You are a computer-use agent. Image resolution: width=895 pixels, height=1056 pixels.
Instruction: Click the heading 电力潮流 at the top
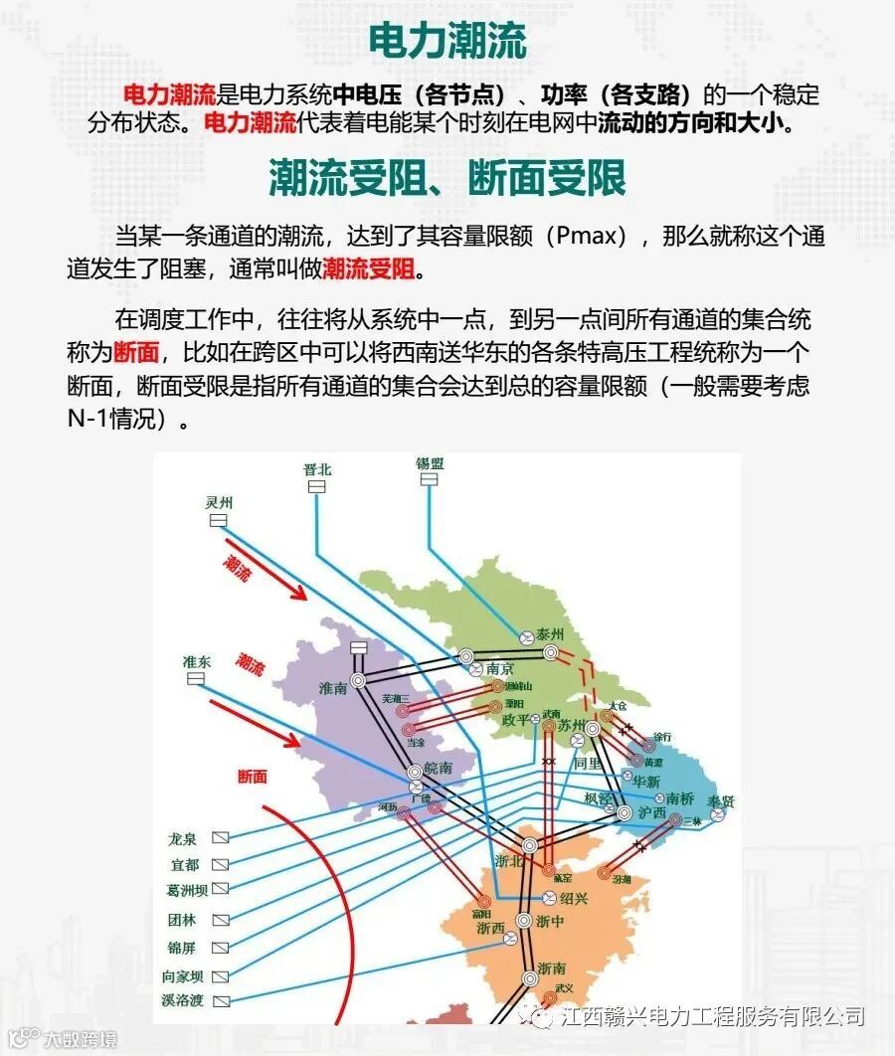click(x=447, y=42)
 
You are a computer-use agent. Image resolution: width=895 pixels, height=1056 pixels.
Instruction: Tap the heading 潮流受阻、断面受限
click(x=447, y=179)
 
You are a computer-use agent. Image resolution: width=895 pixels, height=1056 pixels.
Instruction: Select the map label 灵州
click(x=218, y=502)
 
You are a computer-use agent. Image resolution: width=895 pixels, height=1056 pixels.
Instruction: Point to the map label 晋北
click(x=316, y=469)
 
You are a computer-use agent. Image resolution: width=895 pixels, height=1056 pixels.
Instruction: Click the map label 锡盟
click(x=429, y=463)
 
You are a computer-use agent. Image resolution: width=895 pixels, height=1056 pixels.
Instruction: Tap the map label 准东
click(x=196, y=661)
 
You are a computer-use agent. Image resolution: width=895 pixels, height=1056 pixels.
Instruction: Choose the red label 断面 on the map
click(x=252, y=776)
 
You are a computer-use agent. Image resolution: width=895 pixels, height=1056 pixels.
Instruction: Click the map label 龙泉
click(x=183, y=839)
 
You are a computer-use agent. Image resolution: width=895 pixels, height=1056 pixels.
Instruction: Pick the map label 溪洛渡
click(x=183, y=998)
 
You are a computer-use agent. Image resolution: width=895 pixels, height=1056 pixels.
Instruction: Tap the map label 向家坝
click(x=183, y=975)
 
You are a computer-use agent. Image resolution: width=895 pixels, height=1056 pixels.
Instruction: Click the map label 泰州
click(x=549, y=634)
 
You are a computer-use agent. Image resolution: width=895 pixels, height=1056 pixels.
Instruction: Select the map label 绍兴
click(x=574, y=898)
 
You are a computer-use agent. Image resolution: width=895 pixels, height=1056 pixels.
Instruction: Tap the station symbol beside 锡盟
click(x=429, y=479)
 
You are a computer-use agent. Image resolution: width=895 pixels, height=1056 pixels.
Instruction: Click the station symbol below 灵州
click(x=218, y=520)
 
